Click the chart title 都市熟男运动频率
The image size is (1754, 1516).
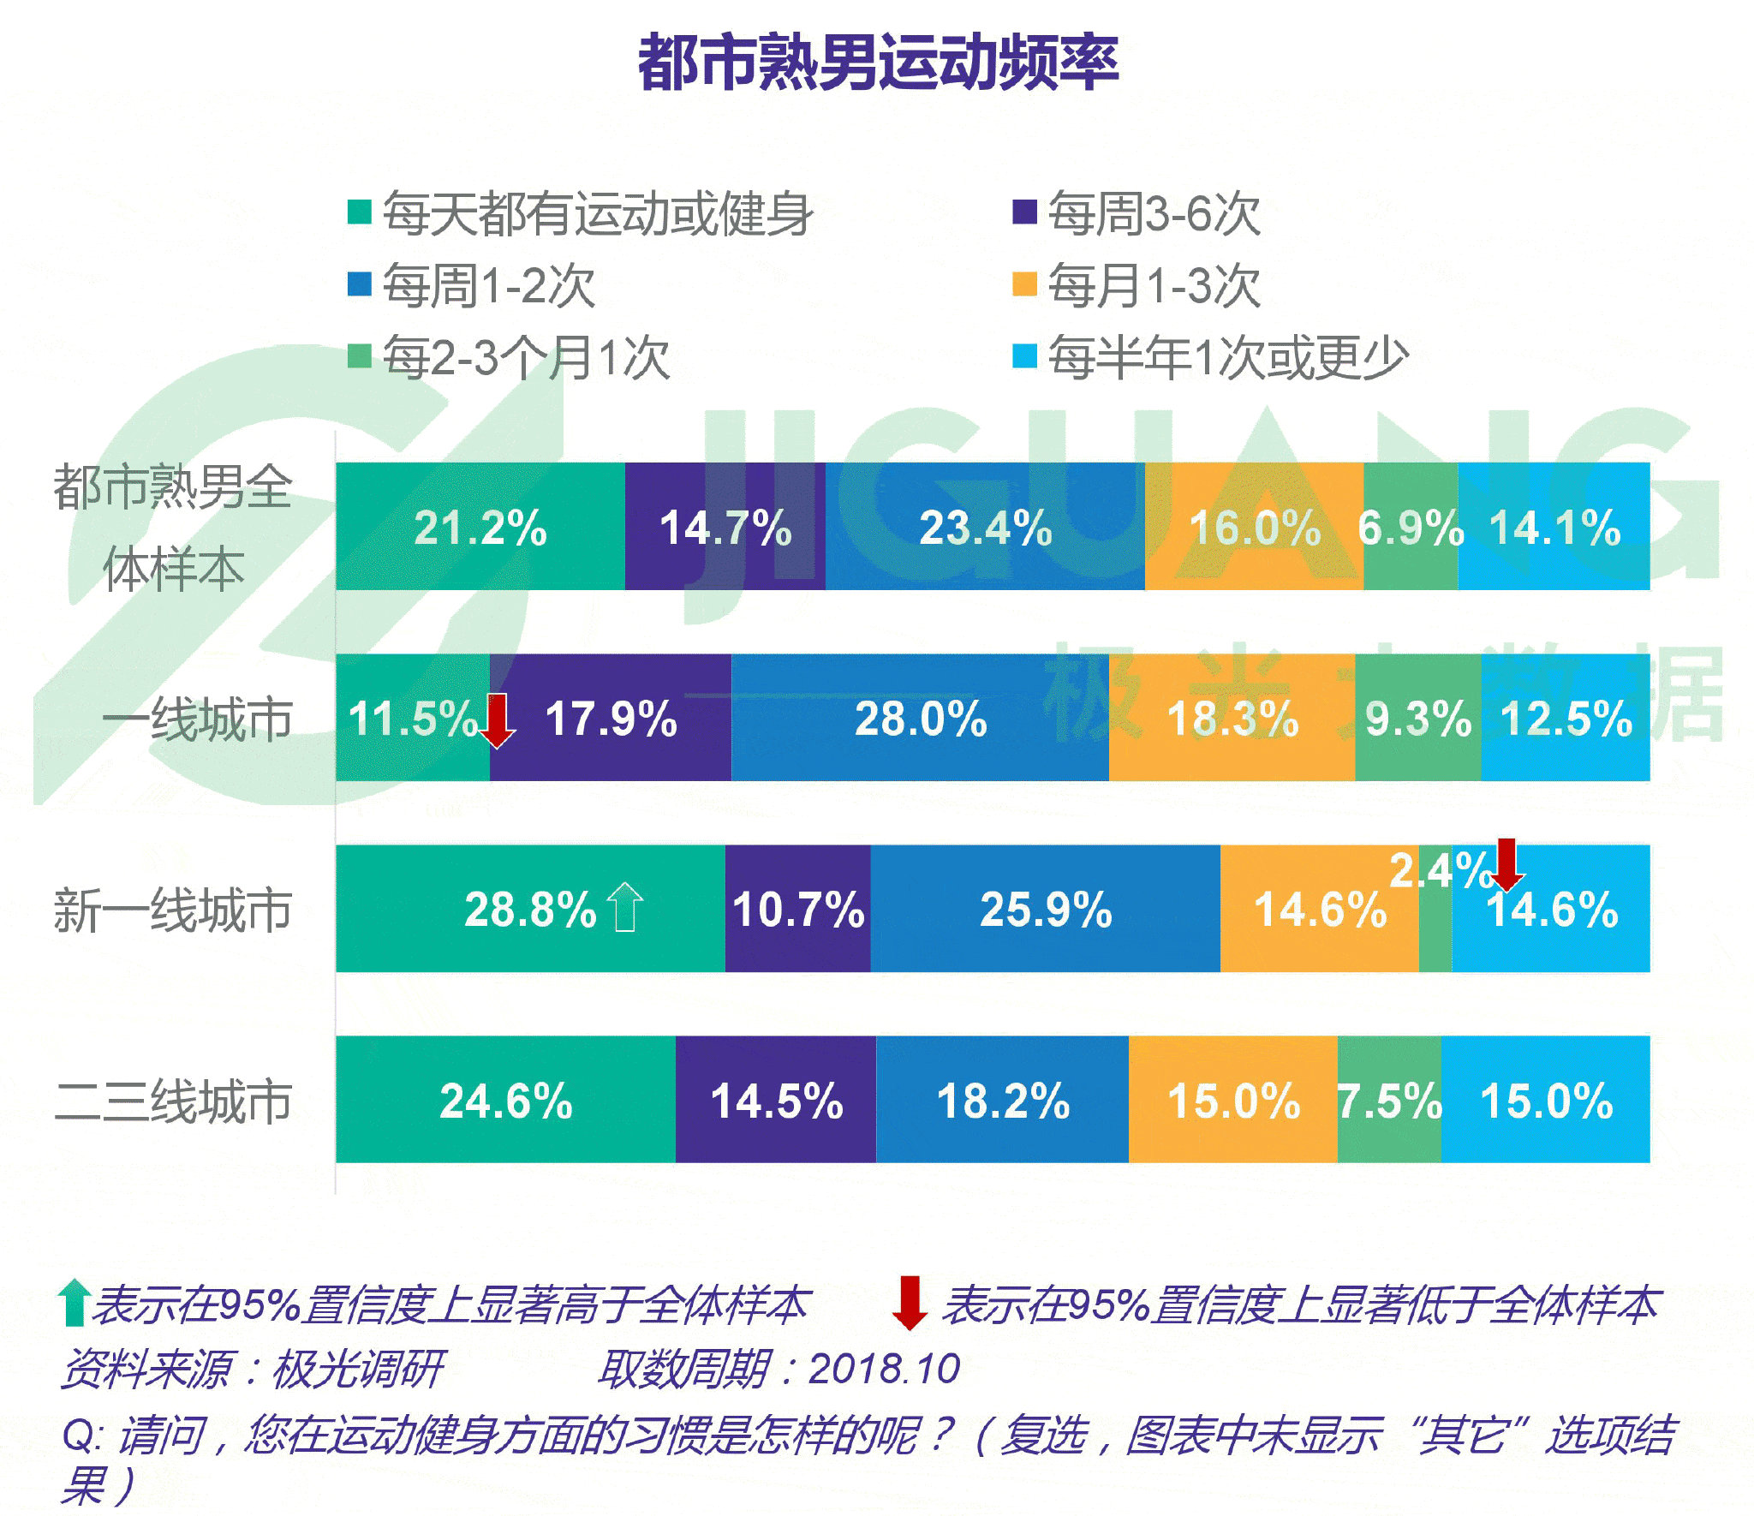click(x=878, y=62)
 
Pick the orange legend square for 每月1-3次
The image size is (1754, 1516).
click(x=1024, y=284)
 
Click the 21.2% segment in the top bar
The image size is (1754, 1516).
click(x=480, y=527)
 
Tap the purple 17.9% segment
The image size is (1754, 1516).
click(x=611, y=718)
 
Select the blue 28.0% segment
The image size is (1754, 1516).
click(x=921, y=718)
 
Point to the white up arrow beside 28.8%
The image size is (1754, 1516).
click(x=624, y=906)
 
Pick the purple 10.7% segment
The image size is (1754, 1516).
click(x=797, y=909)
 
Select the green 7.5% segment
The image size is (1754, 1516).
click(x=1389, y=1100)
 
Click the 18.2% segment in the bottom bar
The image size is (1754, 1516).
click(x=1002, y=1100)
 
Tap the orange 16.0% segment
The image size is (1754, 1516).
click(x=1254, y=527)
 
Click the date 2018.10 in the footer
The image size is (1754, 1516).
click(x=884, y=1369)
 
